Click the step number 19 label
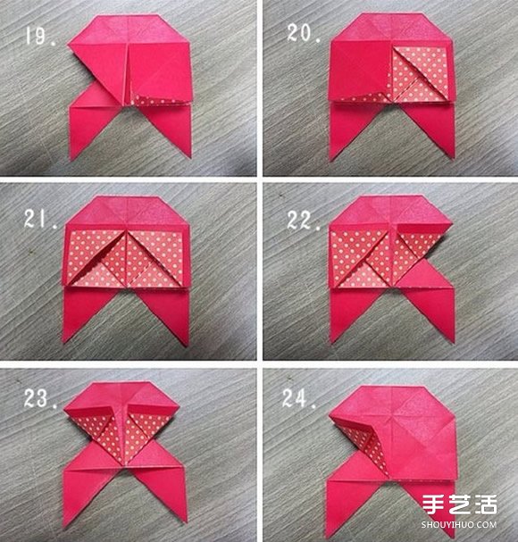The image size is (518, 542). pos(40,37)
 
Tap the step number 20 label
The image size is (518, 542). pos(304,34)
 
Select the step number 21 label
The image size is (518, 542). pos(40,219)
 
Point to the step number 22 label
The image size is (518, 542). pos(304,221)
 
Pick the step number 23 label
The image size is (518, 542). pos(40,398)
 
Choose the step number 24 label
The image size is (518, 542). pos(299,398)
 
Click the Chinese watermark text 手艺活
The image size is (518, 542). pos(460,504)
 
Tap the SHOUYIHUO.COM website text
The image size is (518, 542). pos(459,525)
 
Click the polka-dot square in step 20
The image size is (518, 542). pos(420,74)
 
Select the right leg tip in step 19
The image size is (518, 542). pos(190,156)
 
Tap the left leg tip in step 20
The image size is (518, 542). pos(331,160)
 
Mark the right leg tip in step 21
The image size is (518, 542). pos(187,345)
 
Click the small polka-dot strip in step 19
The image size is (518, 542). pos(158,100)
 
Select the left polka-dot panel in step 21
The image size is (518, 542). pos(95,258)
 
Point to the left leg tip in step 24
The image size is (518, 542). pos(328,534)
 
